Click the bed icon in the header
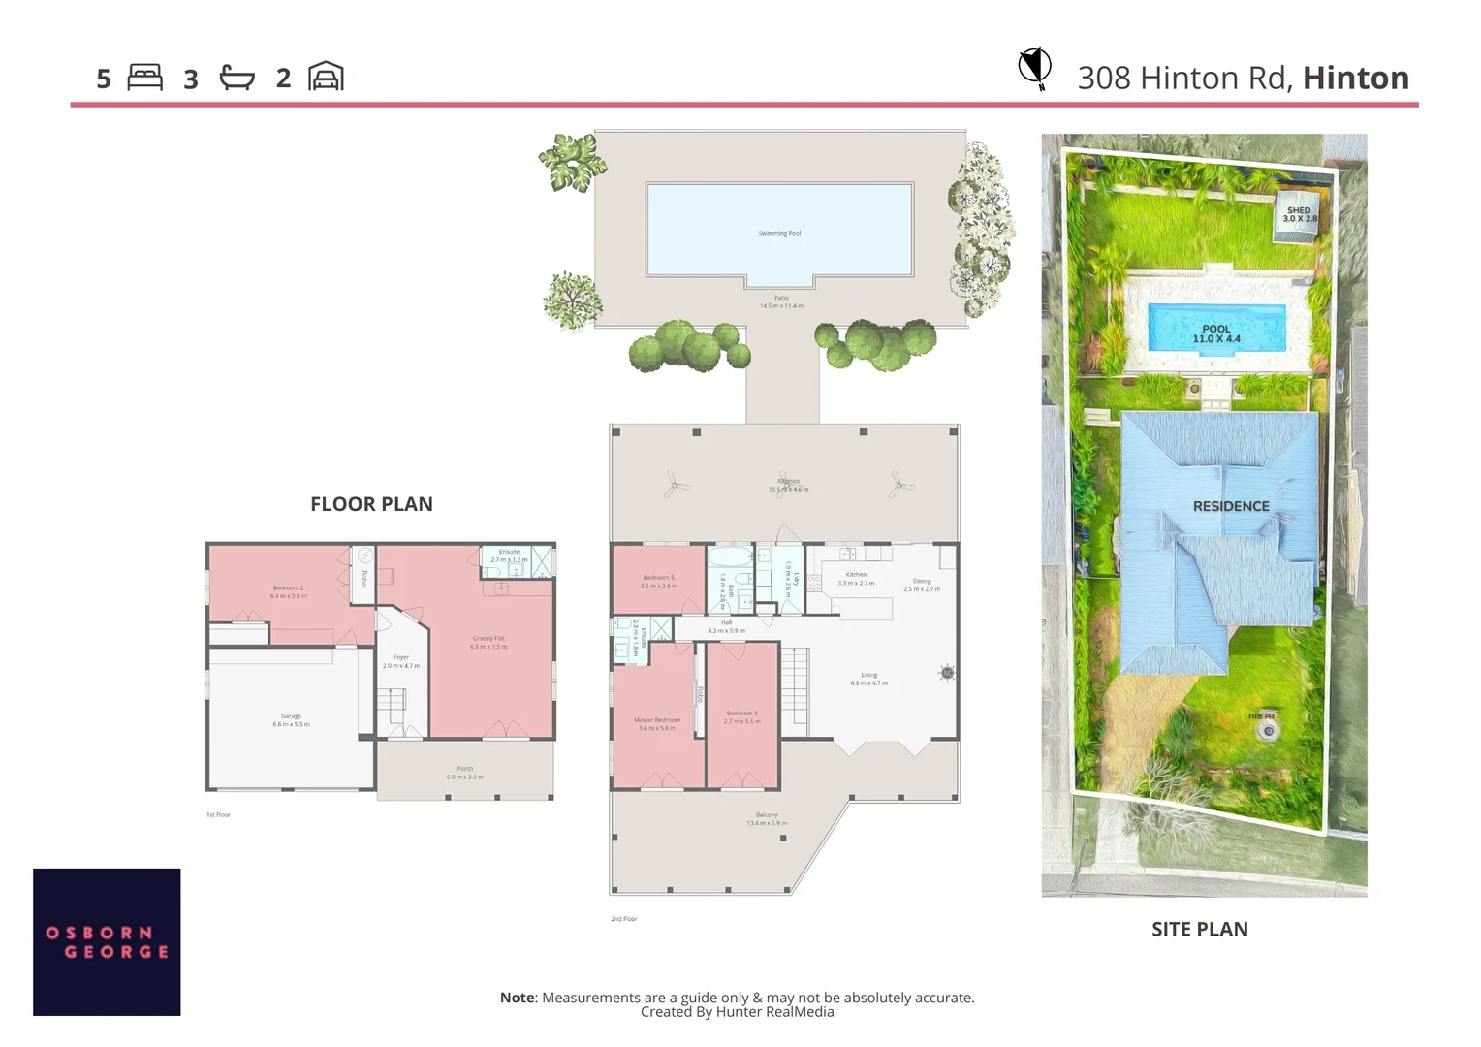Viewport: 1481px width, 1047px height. [144, 78]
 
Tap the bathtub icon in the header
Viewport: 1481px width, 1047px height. [236, 78]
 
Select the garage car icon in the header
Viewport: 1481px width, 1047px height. [326, 77]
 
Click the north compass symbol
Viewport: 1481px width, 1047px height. [1035, 68]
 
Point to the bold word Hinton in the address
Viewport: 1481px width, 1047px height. [1355, 78]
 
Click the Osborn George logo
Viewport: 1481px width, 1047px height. [107, 941]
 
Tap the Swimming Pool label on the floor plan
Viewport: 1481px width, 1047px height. [779, 234]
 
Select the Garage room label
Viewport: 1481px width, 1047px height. [291, 716]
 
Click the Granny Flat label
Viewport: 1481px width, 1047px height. [488, 639]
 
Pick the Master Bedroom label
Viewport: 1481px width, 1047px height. [657, 720]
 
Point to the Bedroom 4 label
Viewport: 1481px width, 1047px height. [741, 714]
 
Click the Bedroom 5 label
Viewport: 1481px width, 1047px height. [658, 578]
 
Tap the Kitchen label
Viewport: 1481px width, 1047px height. [856, 575]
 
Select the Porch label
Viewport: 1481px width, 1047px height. [465, 769]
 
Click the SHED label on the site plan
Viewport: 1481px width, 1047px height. [1299, 210]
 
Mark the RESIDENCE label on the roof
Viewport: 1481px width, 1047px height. [1231, 506]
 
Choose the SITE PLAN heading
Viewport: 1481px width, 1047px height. [1199, 929]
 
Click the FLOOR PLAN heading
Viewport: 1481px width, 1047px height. [371, 504]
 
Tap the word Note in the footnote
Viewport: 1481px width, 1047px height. [517, 998]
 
